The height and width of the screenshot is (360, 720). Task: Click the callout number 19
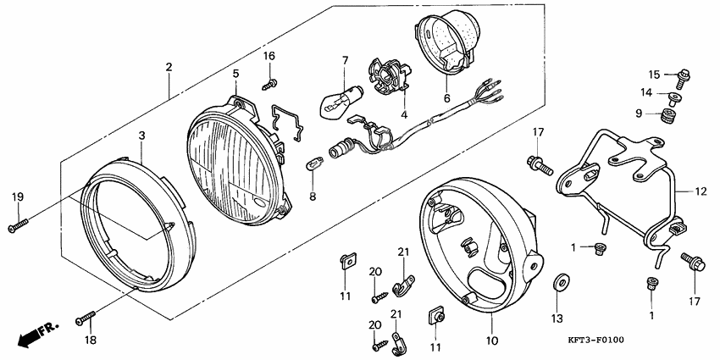coord(18,197)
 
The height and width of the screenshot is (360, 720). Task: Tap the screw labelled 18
coord(86,317)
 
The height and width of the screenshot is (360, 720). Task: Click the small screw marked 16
coord(270,84)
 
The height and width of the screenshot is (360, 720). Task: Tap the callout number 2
coord(169,68)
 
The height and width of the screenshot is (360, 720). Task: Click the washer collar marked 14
coord(673,97)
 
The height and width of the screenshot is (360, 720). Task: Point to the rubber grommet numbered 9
coord(670,115)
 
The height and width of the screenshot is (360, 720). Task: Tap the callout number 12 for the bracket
coord(701,192)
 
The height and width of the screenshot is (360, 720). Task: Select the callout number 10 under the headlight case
coord(491,341)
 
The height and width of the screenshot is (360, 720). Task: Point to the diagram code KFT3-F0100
coord(595,341)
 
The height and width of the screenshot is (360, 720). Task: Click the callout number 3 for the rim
coord(142,136)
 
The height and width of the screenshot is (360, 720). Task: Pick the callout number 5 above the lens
coord(235,74)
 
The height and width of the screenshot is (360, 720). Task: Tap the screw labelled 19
coord(18,225)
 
